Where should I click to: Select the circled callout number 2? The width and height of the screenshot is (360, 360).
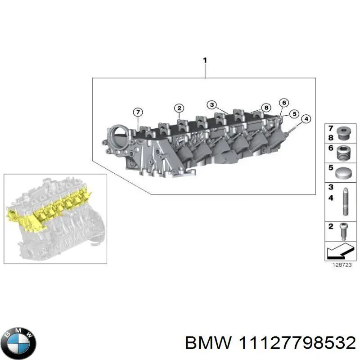click(179, 108)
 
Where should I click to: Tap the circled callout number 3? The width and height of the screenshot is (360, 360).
click(211, 105)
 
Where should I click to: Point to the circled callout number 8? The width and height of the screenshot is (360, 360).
click(266, 108)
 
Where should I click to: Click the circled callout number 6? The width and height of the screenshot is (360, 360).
click(283, 103)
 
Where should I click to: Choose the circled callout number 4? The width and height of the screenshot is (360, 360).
click(306, 119)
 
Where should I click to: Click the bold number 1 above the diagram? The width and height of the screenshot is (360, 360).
click(205, 60)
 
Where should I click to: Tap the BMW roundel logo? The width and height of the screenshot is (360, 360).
click(18, 343)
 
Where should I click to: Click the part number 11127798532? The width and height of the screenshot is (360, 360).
click(295, 343)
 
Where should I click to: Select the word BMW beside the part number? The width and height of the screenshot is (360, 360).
click(208, 343)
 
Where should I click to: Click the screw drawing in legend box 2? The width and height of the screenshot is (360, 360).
click(343, 231)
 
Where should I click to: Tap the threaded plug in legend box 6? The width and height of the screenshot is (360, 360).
click(343, 153)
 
